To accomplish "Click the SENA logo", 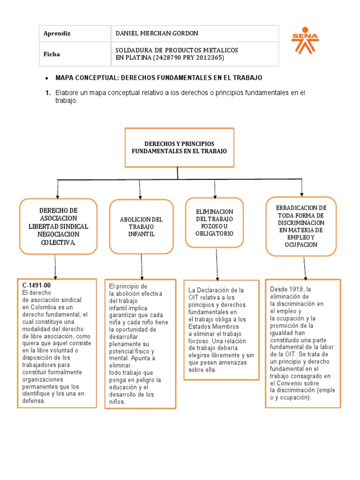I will [x=305, y=43].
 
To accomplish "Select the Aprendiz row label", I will [x=57, y=33].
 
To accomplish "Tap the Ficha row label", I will [x=52, y=54].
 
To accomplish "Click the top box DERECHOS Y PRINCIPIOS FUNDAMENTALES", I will [x=180, y=148].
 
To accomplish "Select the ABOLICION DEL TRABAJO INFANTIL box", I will [x=141, y=226].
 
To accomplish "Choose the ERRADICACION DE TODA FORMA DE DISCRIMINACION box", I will [x=301, y=226].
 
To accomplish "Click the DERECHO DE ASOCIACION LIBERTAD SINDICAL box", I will [x=58, y=226].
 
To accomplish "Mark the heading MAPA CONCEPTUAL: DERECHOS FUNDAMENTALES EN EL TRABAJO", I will [x=159, y=77].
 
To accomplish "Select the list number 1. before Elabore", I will [x=48, y=93].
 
